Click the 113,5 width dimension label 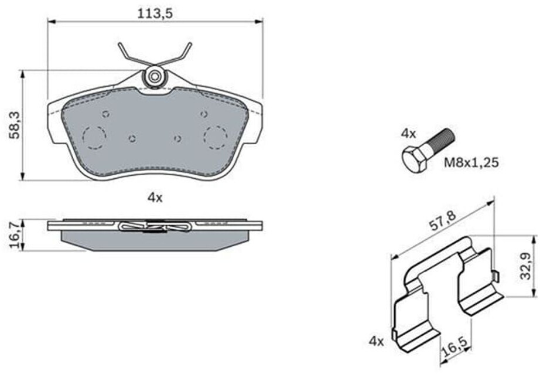(x=155, y=13)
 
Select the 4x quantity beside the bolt (x=408, y=133)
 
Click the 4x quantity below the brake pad (x=155, y=198)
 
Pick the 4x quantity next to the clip (x=376, y=340)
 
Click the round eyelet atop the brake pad (x=155, y=76)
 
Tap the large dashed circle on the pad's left (x=94, y=137)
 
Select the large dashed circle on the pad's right (x=215, y=136)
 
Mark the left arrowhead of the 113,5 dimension (x=50, y=22)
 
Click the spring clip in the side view (x=155, y=226)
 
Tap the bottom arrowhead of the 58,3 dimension (x=22, y=177)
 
